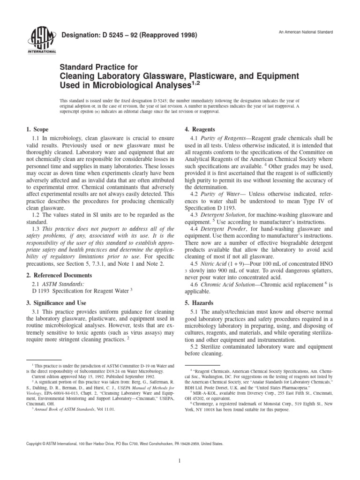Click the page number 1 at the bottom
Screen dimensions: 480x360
point(180,461)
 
